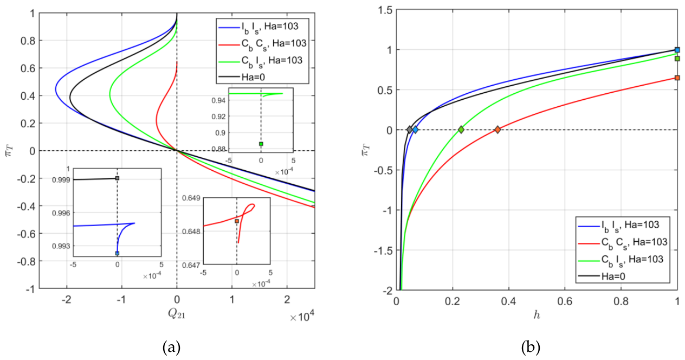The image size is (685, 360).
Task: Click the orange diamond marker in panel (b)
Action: coord(497,130)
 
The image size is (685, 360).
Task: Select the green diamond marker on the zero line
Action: coord(461,130)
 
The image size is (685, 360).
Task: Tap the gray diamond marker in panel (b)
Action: coord(410,130)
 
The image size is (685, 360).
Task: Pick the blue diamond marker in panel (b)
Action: coord(415,130)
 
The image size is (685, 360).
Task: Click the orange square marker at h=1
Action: coord(677,78)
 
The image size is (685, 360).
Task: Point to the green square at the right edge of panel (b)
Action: coord(677,59)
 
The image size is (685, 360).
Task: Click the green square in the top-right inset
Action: coord(261,144)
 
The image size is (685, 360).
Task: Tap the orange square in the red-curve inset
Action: coord(237,221)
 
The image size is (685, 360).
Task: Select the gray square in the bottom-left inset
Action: coord(117,178)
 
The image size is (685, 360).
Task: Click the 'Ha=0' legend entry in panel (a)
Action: coord(253,77)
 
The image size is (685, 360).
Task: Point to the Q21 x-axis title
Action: coord(177,313)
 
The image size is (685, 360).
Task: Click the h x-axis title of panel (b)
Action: coord(537,315)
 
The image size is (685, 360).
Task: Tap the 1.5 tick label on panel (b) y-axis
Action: coord(385,10)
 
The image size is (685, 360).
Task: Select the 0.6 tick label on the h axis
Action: coord(565,301)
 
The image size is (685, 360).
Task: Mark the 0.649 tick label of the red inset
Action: coord(191,198)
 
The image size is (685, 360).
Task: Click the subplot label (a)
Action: coord(172,348)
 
